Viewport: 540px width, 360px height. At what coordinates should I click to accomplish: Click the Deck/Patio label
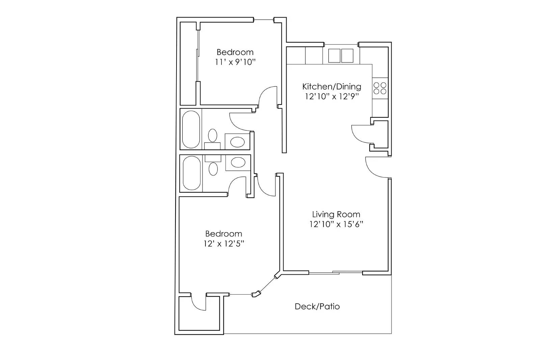click(317, 306)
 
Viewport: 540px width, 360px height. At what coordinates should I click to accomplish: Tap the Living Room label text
click(336, 214)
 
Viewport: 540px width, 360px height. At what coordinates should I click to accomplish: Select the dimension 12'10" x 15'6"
click(336, 224)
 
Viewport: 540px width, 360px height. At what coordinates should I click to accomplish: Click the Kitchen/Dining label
click(331, 86)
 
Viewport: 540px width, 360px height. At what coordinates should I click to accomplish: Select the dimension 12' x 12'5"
click(224, 244)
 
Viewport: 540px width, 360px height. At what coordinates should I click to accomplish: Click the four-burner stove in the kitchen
click(380, 88)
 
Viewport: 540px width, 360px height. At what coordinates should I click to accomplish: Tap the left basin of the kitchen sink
click(334, 56)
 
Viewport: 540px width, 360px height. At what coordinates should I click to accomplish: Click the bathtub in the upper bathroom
click(191, 129)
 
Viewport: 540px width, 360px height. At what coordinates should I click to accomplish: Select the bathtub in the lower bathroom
click(191, 173)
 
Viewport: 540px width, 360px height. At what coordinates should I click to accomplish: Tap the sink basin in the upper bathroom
click(238, 142)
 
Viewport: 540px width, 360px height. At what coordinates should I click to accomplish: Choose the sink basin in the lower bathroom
click(238, 163)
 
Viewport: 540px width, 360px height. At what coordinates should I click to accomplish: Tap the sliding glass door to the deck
click(336, 272)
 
